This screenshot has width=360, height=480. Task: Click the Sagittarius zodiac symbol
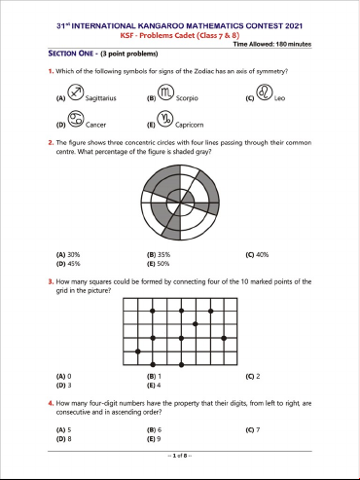tap(76, 92)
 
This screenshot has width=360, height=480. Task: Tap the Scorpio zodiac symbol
tap(165, 92)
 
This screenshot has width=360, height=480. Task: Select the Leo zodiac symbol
tap(265, 92)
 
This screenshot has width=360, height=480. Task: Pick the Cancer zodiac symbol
tap(76, 119)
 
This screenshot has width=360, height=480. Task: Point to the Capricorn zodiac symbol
tap(165, 119)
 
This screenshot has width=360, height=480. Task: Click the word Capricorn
tap(190, 125)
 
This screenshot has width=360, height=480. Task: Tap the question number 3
tap(51, 281)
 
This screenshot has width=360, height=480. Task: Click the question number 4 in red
tap(51, 403)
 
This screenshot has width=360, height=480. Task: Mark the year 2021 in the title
tap(294, 26)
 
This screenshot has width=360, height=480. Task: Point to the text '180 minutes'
tap(294, 44)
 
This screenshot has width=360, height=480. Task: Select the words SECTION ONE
tap(71, 54)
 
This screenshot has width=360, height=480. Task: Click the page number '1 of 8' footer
tap(180, 456)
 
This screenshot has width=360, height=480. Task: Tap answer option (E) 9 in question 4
tap(154, 439)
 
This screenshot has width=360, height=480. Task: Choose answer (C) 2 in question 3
tap(253, 377)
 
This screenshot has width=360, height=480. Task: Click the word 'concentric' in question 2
tap(141, 143)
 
